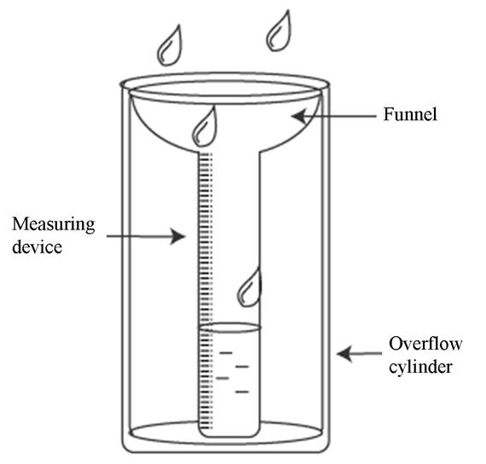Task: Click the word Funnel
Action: [x=410, y=113]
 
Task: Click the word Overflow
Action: [x=425, y=344]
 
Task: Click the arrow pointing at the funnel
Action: [x=332, y=115]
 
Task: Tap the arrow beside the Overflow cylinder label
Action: [x=358, y=351]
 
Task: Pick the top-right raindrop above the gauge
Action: [x=279, y=31]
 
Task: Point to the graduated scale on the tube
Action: [x=204, y=256]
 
